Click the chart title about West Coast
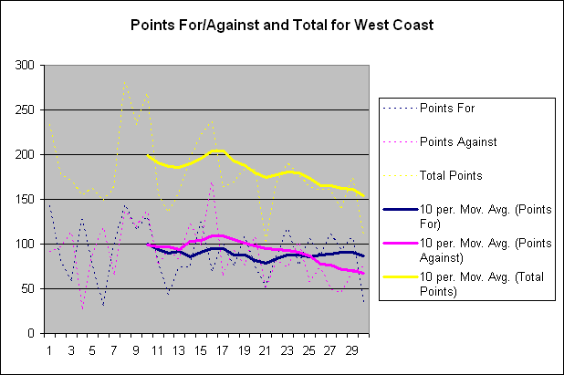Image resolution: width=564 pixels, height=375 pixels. pyautogui.click(x=281, y=24)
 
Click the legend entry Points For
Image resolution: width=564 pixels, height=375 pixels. pyautogui.click(x=446, y=107)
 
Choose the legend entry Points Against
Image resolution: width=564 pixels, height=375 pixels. pyautogui.click(x=457, y=141)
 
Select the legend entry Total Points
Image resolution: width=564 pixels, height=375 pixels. pyautogui.click(x=451, y=174)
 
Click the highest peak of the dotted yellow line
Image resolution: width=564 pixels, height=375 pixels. pyautogui.click(x=125, y=81)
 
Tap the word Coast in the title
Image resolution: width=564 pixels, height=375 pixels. pyautogui.click(x=409, y=24)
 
